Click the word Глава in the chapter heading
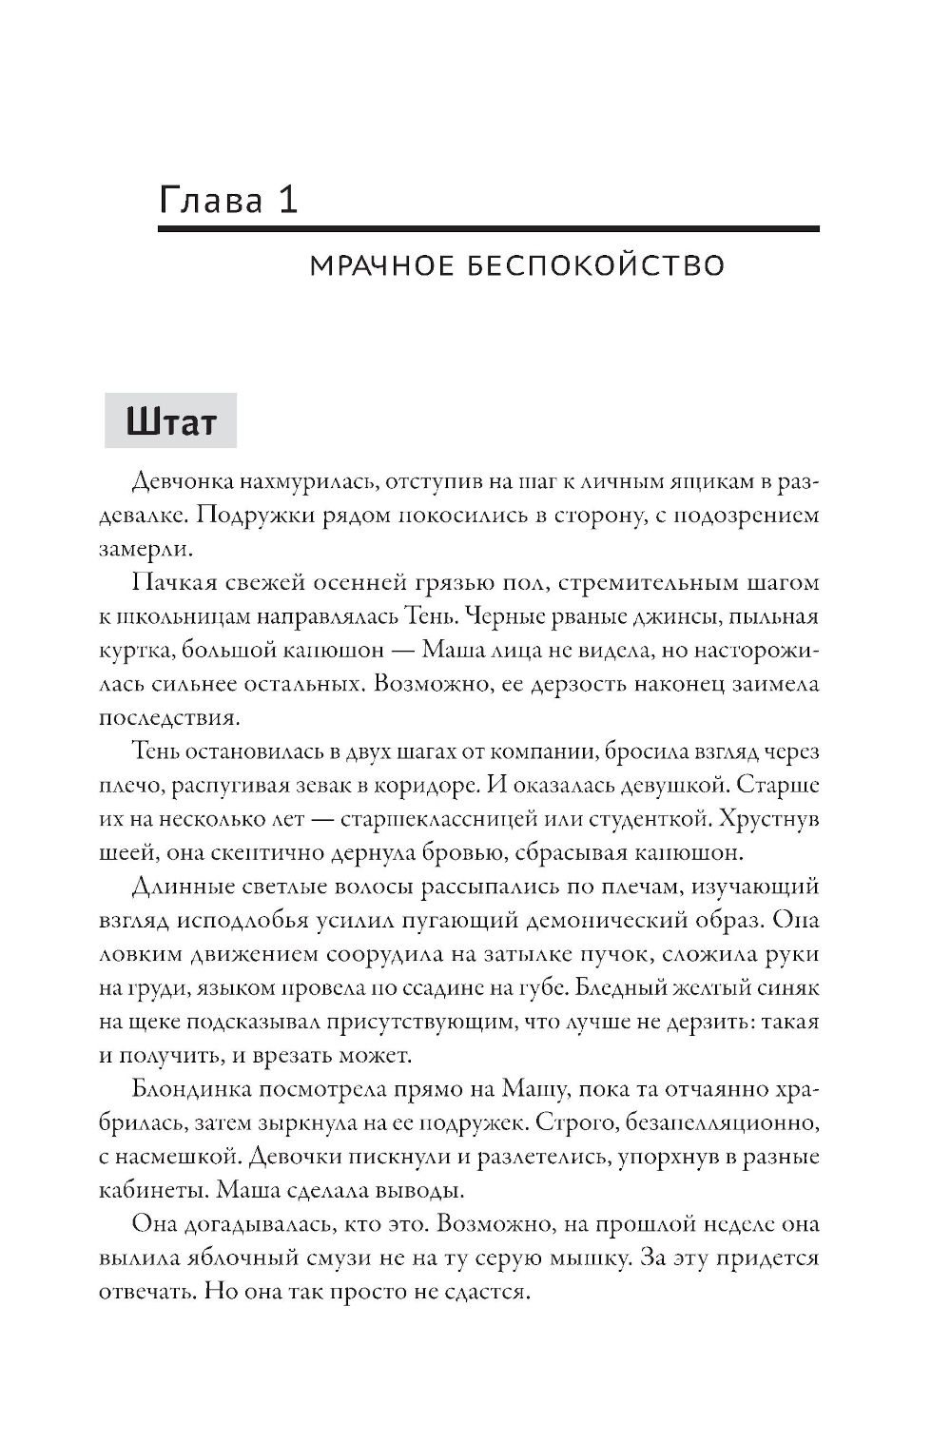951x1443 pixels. pyautogui.click(x=211, y=200)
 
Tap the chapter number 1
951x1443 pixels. pyautogui.click(x=288, y=200)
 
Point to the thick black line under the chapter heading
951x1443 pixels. pyautogui.click(x=488, y=229)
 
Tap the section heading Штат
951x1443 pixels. pyautogui.click(x=171, y=421)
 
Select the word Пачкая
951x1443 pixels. pyautogui.click(x=169, y=582)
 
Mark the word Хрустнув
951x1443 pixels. pyautogui.click(x=769, y=819)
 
